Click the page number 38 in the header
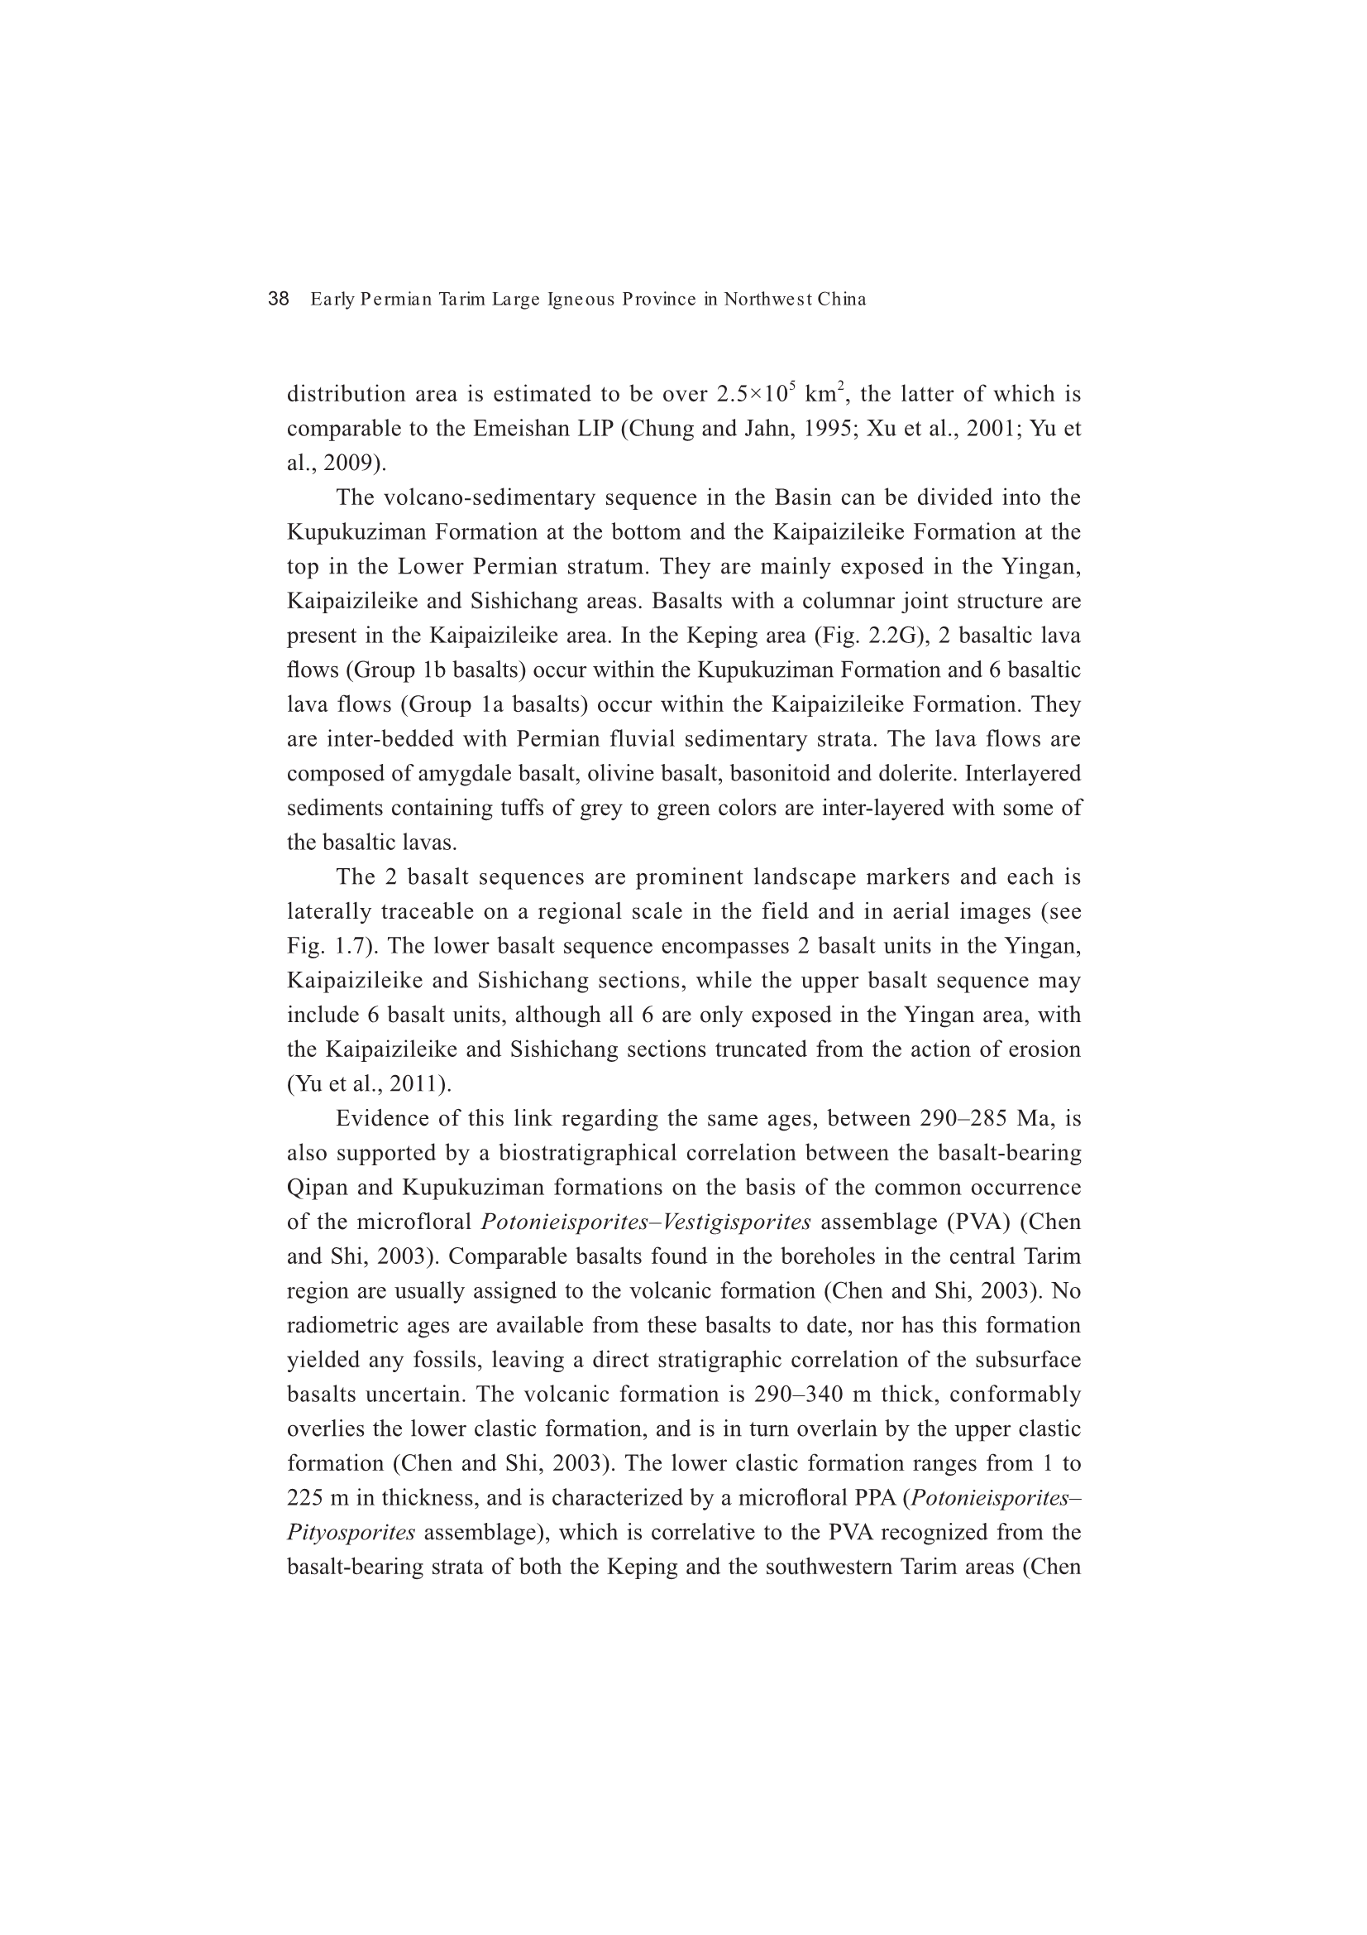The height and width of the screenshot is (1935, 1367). coord(278,299)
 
